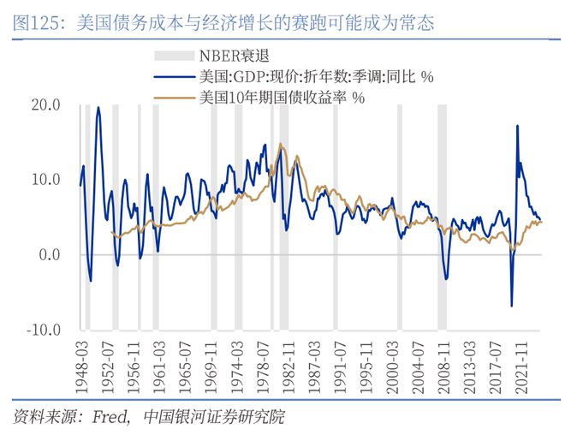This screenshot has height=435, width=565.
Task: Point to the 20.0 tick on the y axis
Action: [x=45, y=105]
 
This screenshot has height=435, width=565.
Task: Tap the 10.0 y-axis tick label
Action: [x=45, y=180]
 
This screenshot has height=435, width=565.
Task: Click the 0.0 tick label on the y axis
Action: [x=48, y=255]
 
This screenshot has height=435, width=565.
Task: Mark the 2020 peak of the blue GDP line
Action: [x=518, y=126]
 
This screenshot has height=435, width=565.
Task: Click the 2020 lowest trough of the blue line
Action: [x=512, y=306]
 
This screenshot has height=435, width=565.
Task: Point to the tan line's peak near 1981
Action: [x=280, y=144]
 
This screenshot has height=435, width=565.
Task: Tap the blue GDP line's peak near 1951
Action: [x=98, y=108]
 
